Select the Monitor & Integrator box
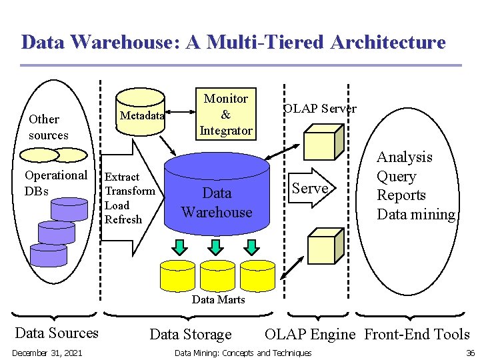point(225,114)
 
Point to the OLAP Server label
point(320,108)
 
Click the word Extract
point(122,177)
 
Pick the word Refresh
point(123,219)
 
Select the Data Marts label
point(218,299)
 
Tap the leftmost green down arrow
point(181,247)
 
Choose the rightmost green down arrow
point(251,247)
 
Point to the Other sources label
point(48,127)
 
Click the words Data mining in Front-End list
point(416,214)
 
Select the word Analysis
point(404,157)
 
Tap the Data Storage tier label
point(191,335)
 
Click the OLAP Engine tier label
point(310,334)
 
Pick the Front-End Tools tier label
point(417,334)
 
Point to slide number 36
point(470,353)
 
